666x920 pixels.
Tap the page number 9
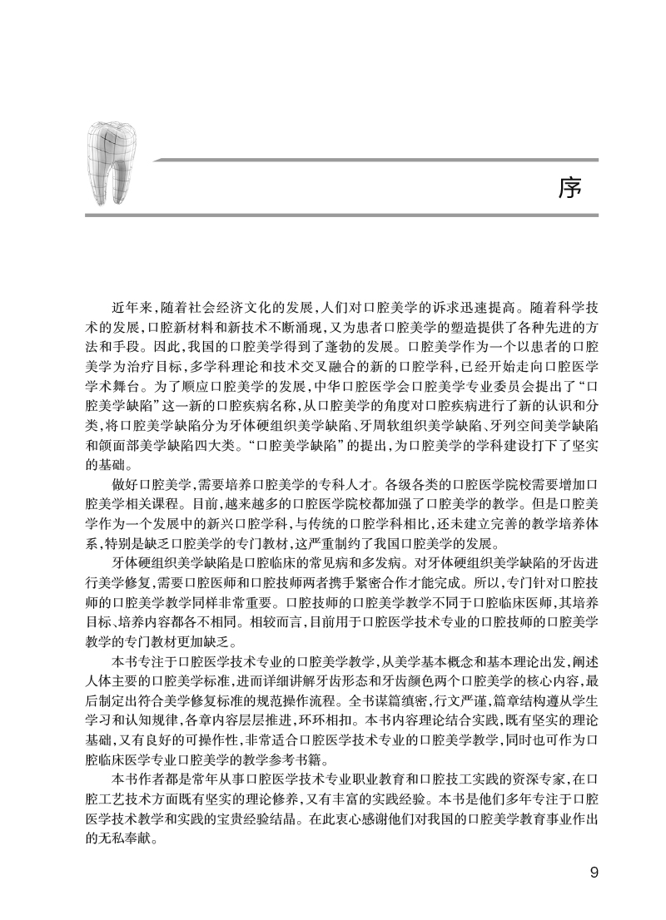594,873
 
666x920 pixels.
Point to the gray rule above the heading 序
375,160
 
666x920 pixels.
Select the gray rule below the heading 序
341,215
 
